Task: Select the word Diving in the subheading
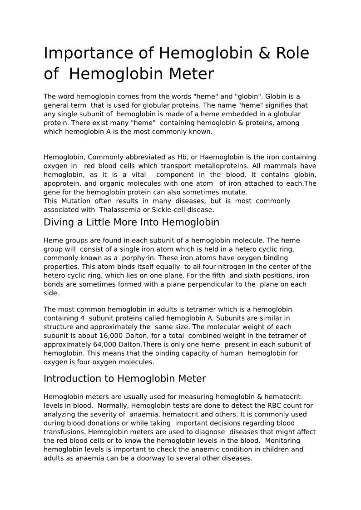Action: click(x=58, y=223)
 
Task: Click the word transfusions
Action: click(x=64, y=432)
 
